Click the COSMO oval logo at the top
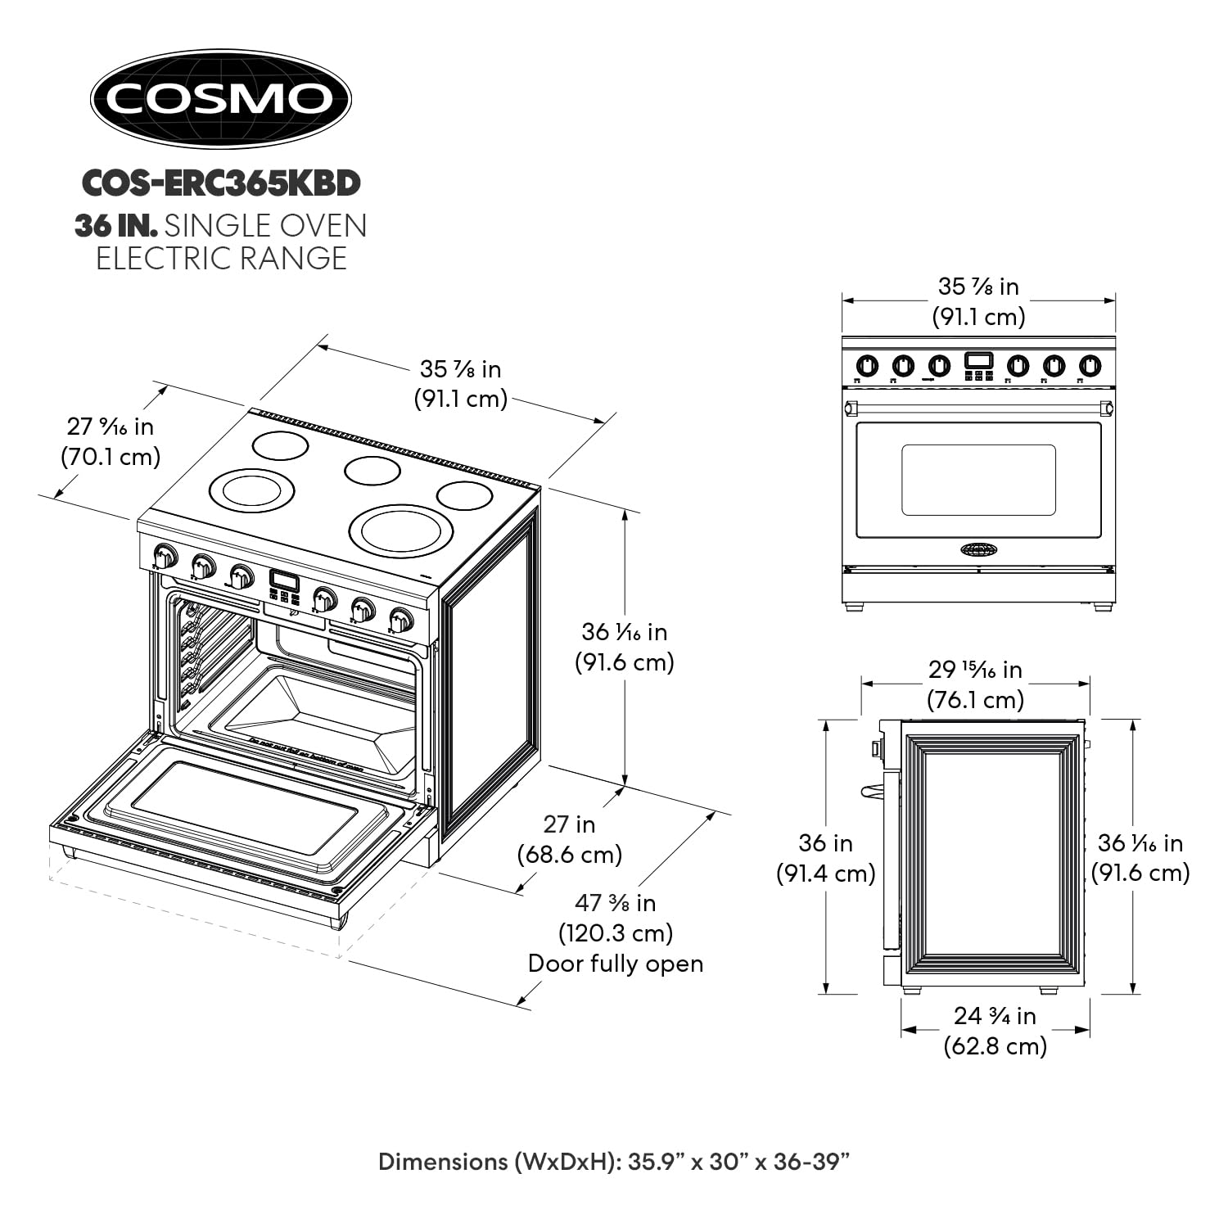tap(220, 98)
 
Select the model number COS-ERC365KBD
tap(221, 183)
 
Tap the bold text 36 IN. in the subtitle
tap(115, 226)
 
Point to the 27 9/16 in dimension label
tap(110, 427)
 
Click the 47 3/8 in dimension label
tap(615, 903)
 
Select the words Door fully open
tap(615, 964)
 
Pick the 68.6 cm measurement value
tap(570, 855)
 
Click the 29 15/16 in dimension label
tap(975, 670)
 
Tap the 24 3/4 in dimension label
tap(995, 1016)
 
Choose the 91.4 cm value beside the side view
tap(825, 874)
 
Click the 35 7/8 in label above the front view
tap(978, 287)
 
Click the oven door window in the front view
tap(978, 480)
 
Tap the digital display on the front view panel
tap(978, 360)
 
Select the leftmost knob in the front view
tap(867, 365)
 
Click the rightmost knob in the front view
tap(1090, 365)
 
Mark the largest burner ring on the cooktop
tap(401, 530)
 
